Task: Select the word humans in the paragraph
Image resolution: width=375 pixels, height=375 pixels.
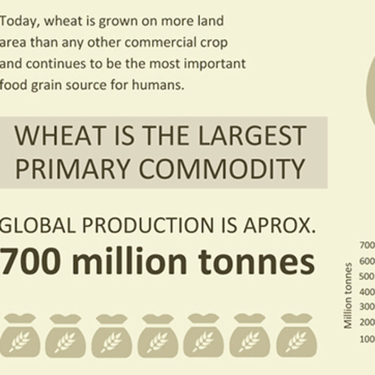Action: point(158,85)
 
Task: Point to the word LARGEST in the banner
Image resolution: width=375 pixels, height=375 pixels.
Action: point(252,135)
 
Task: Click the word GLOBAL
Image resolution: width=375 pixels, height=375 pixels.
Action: point(38,225)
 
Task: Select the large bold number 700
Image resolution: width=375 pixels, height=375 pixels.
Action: point(30,261)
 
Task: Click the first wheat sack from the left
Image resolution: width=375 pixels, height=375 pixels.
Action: point(20,335)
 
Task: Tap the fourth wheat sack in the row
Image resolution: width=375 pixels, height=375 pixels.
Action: point(158,335)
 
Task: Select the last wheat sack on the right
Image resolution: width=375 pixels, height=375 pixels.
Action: point(296,335)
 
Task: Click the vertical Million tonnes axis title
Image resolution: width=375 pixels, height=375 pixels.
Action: point(348,295)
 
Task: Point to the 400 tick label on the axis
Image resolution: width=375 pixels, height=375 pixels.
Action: point(367,292)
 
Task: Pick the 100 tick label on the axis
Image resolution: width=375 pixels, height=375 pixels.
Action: point(367,339)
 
